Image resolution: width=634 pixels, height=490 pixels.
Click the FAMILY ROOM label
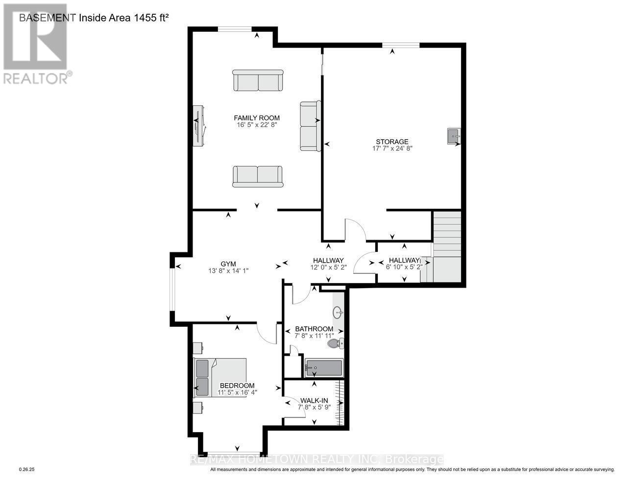coord(257,118)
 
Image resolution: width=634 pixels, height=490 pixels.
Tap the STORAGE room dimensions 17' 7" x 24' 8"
coord(392,149)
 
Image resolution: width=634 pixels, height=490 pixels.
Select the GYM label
coord(228,263)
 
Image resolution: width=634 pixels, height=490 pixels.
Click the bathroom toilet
coord(336,343)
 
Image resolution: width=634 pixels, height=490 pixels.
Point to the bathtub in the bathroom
coord(323,368)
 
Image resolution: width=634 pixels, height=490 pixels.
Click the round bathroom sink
coord(338,312)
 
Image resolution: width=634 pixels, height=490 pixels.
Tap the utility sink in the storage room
coord(453,136)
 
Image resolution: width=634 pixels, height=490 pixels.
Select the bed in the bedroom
coord(220,376)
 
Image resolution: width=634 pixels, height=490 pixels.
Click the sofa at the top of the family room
coord(258,80)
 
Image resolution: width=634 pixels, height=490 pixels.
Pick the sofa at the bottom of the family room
coord(258,176)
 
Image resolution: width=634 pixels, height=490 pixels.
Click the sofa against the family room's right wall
coord(310,126)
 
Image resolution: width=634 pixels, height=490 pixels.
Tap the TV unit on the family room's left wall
coord(199,125)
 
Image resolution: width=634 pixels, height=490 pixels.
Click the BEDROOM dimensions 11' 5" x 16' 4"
coord(237,392)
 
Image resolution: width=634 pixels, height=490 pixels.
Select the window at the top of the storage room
coord(401,45)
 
